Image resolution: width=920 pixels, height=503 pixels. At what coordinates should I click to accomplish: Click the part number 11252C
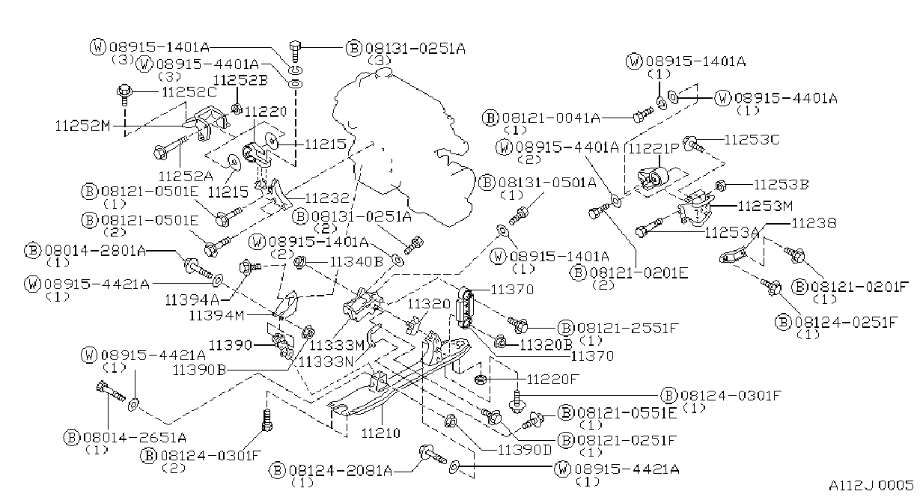(189, 92)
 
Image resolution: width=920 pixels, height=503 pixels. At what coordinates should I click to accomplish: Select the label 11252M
(83, 126)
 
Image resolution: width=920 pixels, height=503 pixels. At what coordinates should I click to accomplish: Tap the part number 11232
(327, 198)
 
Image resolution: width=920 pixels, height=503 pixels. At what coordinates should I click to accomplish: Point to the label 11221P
(654, 149)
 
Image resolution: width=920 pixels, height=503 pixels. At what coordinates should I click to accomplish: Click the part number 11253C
(752, 140)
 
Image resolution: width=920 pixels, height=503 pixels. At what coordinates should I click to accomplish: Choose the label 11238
(814, 223)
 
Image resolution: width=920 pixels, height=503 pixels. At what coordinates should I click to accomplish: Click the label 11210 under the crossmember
(381, 433)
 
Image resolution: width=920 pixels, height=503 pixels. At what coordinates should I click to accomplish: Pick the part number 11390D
(525, 451)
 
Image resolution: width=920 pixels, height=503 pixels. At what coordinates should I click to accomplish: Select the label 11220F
(552, 379)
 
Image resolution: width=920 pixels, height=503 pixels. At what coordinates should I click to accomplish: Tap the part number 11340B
(356, 261)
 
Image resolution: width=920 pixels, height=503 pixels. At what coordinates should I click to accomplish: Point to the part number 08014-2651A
(135, 438)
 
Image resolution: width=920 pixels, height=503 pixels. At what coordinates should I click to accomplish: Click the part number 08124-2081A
(341, 471)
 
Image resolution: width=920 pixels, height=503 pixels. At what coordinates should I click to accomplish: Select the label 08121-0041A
(551, 118)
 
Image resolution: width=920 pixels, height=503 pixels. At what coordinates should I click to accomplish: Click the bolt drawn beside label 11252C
(124, 95)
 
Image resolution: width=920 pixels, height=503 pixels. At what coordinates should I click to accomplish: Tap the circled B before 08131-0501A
(487, 183)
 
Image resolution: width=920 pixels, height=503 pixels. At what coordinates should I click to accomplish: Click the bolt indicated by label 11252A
(170, 146)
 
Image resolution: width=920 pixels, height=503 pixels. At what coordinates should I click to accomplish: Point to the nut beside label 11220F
(481, 379)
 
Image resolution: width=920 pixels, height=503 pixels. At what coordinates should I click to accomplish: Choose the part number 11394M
(216, 316)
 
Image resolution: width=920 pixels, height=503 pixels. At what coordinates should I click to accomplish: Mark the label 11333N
(326, 362)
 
